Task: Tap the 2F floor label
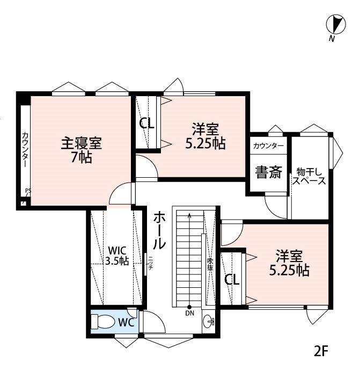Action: point(321,352)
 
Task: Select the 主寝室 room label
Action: point(81,143)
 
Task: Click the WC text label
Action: point(126,323)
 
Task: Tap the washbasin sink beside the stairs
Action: point(209,322)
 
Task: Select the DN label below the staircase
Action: point(189,313)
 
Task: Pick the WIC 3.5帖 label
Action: point(116,256)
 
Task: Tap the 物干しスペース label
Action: point(309,177)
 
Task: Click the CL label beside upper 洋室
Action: point(146,124)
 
